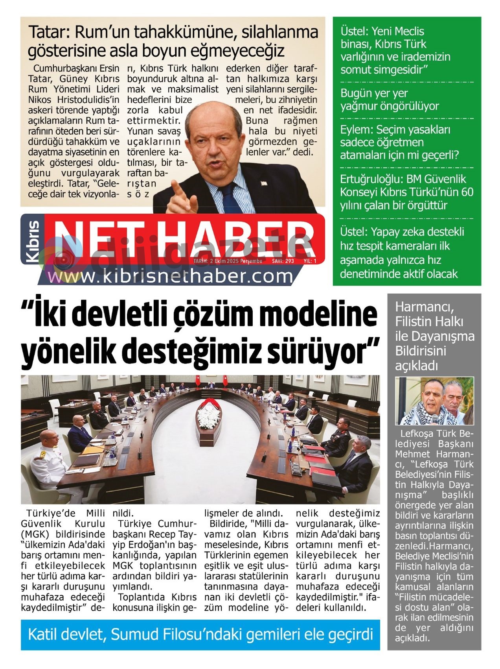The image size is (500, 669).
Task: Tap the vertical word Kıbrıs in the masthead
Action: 33,241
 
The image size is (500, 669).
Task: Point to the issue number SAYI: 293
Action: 283,261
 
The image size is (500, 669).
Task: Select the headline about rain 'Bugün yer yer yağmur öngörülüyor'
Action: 389,100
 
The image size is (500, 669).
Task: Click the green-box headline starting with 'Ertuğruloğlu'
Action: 406,192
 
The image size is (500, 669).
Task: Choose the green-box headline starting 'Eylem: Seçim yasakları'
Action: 399,142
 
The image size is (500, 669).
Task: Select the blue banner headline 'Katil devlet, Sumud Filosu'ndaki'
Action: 200,635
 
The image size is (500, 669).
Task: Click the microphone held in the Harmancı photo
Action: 435,418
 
